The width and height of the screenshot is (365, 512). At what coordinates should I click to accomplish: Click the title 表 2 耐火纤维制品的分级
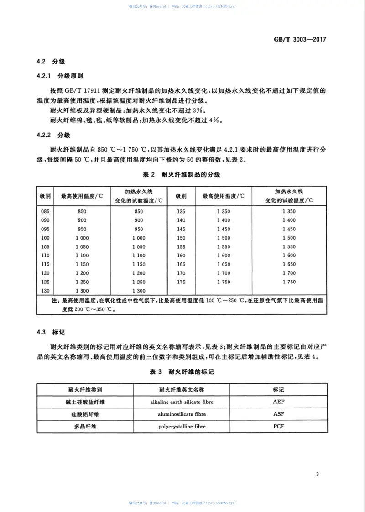(182, 175)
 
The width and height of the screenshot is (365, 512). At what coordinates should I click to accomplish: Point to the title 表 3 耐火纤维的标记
(182, 372)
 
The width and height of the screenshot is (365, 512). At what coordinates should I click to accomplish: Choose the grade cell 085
(44, 211)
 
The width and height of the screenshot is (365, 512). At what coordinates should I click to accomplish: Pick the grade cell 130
(44, 291)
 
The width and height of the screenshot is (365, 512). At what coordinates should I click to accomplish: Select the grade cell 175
(181, 282)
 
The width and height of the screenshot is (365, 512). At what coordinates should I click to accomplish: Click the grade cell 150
(181, 238)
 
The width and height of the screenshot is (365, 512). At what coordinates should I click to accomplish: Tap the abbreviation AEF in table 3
(278, 402)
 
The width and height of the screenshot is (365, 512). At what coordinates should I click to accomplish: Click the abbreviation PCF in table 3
(278, 426)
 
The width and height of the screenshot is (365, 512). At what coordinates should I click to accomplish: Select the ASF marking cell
(278, 414)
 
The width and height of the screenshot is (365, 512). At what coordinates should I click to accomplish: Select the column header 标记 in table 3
(278, 390)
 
